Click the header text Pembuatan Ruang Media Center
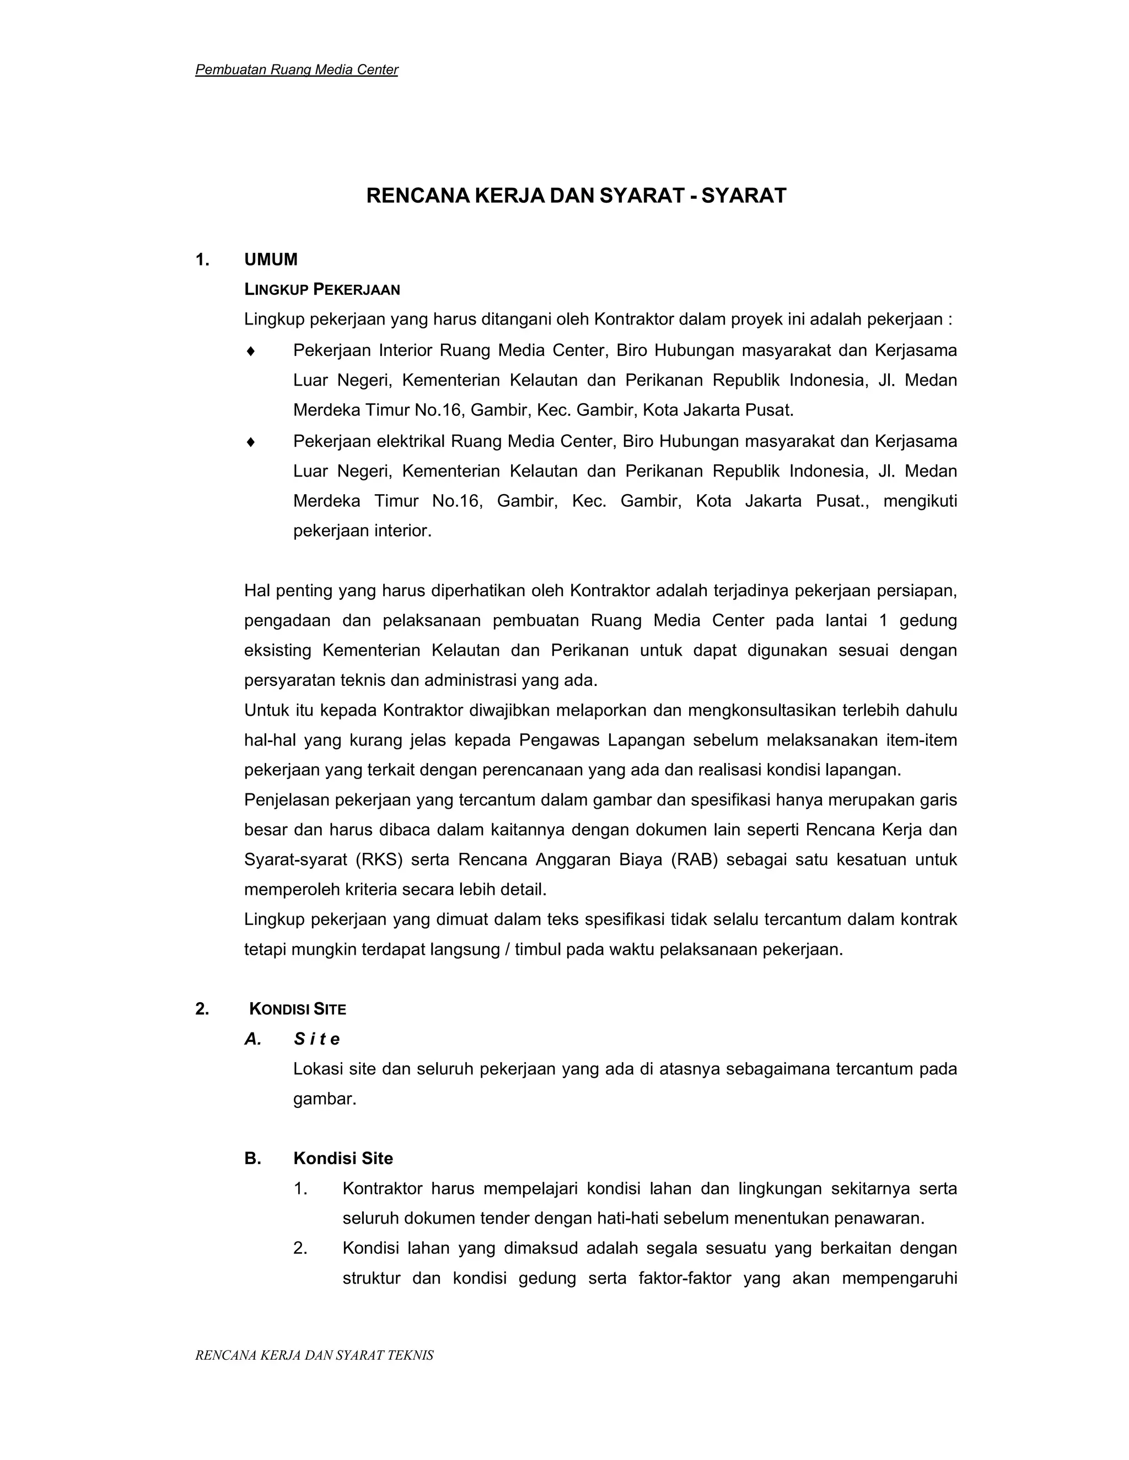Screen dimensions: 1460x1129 click(x=296, y=69)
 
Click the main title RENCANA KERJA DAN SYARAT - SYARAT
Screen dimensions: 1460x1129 click(x=576, y=196)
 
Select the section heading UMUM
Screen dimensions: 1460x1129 click(x=270, y=259)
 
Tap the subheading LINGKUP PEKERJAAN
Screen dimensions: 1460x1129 click(x=322, y=289)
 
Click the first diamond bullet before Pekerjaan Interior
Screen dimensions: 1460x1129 click(x=251, y=350)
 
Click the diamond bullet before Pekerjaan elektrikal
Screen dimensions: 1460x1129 click(x=251, y=441)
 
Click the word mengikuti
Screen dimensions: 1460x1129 click(x=920, y=501)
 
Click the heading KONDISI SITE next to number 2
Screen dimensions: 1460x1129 click(x=298, y=1009)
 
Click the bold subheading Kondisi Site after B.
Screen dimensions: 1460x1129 click(x=343, y=1159)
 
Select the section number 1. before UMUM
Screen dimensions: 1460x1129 click(x=202, y=259)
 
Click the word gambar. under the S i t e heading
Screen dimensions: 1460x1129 click(x=324, y=1099)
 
